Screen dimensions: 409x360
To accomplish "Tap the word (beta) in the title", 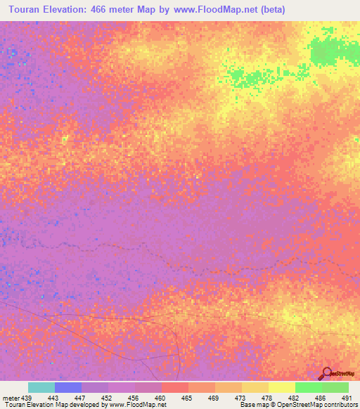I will coord(271,10).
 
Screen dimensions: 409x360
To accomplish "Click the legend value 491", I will coord(346,398).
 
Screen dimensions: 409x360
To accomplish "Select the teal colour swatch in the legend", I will coord(41,387).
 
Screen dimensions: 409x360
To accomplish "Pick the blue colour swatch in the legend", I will coord(68,387).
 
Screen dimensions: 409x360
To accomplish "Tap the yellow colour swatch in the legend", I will coord(282,387).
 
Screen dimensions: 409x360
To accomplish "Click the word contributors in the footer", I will coord(337,405).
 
